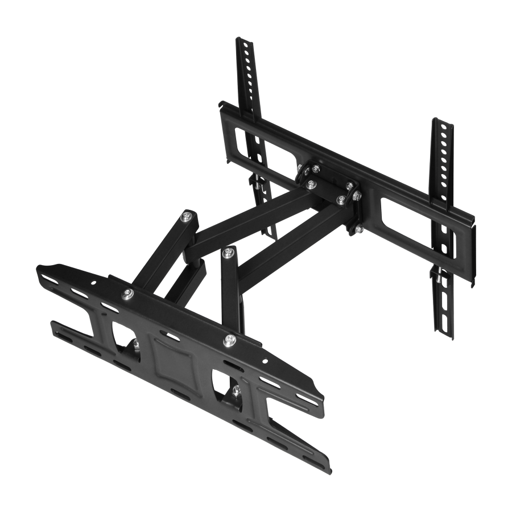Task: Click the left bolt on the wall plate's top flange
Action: (x=127, y=294)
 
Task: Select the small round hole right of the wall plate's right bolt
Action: (x=265, y=361)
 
